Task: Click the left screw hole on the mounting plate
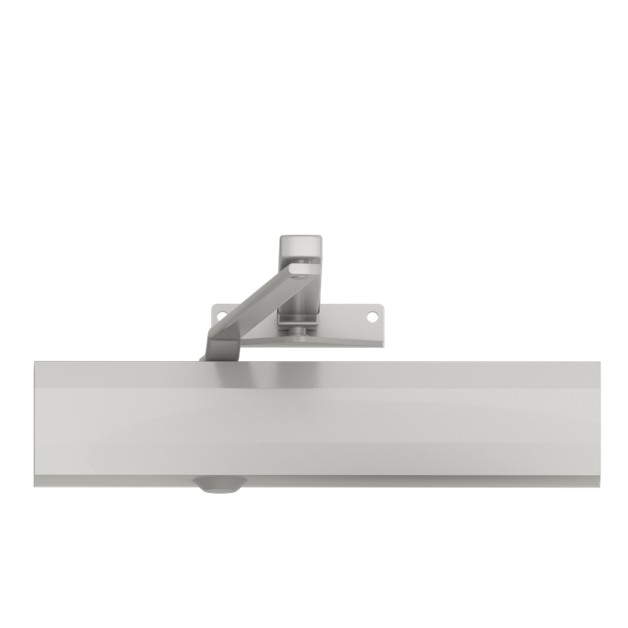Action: [x=221, y=316]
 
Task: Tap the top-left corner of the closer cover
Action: [x=34, y=360]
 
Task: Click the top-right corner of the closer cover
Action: [x=592, y=361]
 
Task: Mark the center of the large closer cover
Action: [x=313, y=420]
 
